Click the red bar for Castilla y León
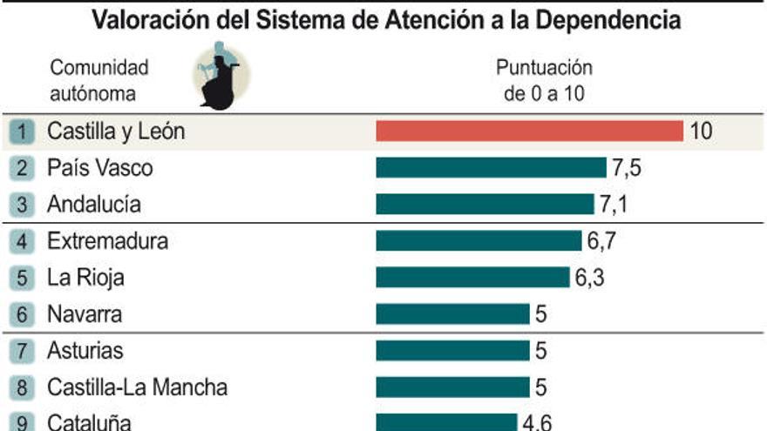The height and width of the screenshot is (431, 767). (x=529, y=131)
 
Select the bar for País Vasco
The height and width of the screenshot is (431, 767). (x=491, y=167)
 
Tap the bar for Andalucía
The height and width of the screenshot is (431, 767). (x=485, y=204)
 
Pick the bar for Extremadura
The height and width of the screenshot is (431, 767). (x=479, y=240)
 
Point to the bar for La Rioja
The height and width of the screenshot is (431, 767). (x=472, y=277)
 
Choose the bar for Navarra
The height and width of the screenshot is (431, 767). (x=452, y=313)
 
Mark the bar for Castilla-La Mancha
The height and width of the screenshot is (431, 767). (x=452, y=387)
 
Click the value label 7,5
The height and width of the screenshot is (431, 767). (x=627, y=167)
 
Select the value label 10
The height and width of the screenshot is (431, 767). (x=701, y=131)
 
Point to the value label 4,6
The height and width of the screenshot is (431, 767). (x=537, y=422)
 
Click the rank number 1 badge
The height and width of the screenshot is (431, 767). (x=23, y=132)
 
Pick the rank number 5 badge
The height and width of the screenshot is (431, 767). (x=23, y=279)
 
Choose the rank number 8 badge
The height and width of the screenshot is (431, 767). (x=23, y=387)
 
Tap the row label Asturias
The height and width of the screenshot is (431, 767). (x=85, y=351)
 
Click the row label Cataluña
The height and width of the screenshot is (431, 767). (x=89, y=422)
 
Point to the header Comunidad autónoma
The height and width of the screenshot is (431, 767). (x=99, y=80)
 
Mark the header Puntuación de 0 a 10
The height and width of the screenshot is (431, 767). (x=544, y=80)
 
